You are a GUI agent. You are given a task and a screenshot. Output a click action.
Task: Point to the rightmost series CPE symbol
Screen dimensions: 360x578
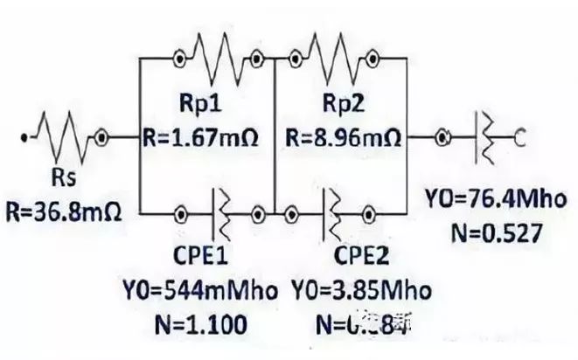point(484,136)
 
